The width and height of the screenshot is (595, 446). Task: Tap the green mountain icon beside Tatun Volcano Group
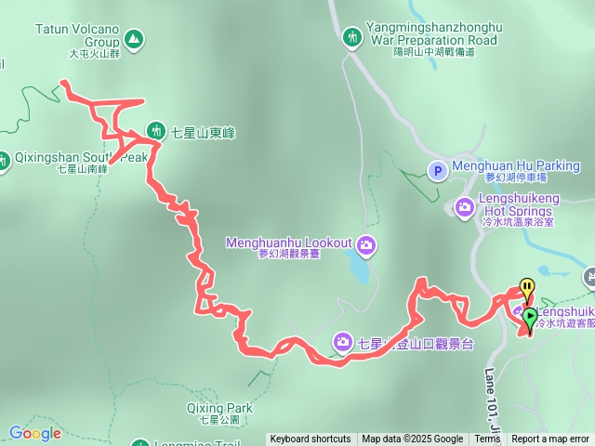point(134,39)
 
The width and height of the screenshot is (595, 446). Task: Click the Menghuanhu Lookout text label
point(289,243)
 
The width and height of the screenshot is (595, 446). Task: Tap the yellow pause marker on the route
point(527,287)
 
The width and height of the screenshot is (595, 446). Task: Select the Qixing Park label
point(218,409)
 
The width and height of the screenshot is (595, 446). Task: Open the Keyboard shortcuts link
point(311,439)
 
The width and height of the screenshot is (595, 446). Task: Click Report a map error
point(550,439)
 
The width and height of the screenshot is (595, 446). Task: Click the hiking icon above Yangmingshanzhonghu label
point(353,37)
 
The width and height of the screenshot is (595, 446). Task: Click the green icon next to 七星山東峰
point(155,133)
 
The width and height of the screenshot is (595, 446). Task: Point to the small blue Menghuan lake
point(357,269)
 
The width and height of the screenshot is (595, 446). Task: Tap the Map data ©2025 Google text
point(412,439)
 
